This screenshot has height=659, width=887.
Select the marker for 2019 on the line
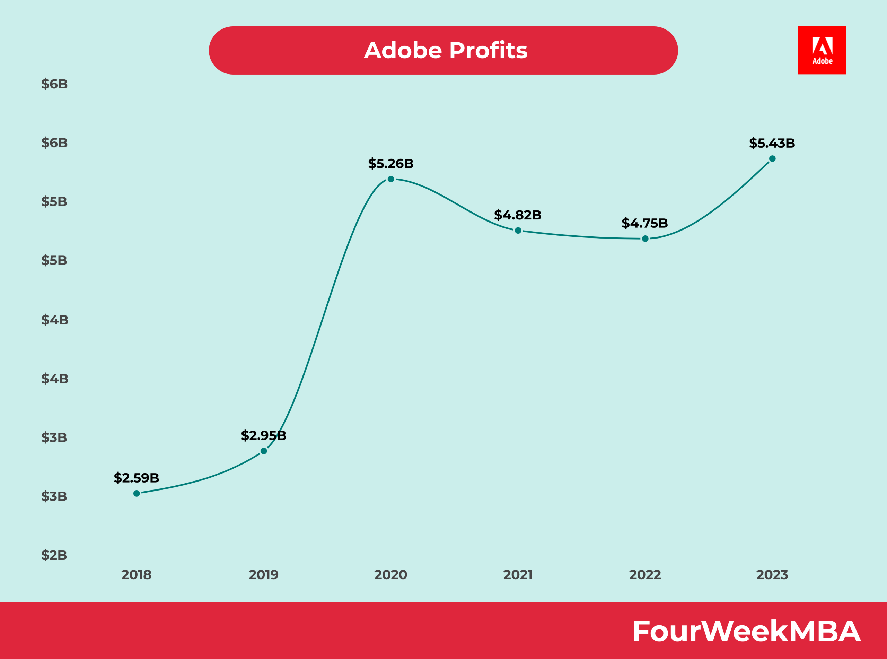264,451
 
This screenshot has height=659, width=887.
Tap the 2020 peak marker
391,179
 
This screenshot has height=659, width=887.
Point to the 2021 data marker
518,231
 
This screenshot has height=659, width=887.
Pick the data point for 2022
645,239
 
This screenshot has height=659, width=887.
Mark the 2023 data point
772,159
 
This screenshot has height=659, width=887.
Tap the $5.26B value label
391,163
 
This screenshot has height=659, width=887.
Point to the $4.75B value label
644,223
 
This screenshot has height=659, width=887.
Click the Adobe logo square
822,50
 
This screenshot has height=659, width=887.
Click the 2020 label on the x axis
391,575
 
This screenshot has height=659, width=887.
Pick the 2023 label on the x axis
772,575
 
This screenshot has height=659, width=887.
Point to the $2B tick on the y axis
54,555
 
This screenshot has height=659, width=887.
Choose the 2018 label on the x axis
136,575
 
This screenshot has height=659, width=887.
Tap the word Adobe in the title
403,51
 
